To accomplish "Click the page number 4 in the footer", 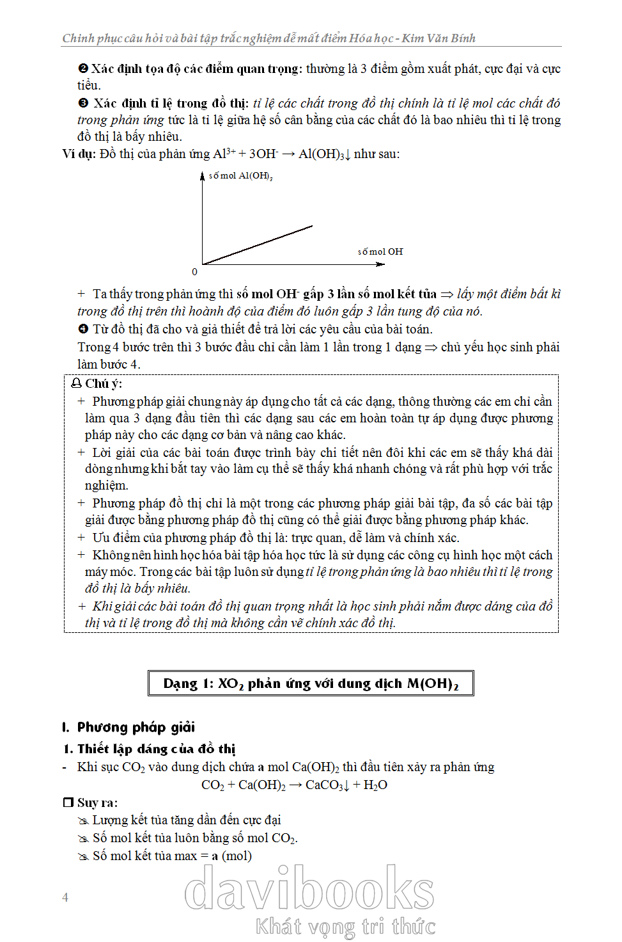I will click(x=65, y=897).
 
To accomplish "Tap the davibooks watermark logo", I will click(x=309, y=889).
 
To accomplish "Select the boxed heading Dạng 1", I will click(x=311, y=683).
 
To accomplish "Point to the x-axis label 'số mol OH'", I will click(x=380, y=251).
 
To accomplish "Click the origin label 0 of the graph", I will click(x=195, y=272).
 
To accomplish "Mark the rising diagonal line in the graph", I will click(x=258, y=244).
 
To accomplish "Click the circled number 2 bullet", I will click(x=83, y=68).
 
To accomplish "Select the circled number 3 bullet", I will click(x=83, y=103).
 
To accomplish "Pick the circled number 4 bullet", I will click(x=83, y=329).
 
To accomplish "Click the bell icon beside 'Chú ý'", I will click(x=76, y=383).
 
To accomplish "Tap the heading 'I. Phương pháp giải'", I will click(x=128, y=727).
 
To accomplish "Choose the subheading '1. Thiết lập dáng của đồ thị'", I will click(x=150, y=749).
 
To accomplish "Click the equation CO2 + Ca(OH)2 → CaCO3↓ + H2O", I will click(x=294, y=785).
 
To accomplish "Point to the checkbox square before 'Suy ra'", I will click(x=68, y=802).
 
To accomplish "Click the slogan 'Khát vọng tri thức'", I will click(x=345, y=927).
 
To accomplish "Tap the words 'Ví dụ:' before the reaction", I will click(x=79, y=154).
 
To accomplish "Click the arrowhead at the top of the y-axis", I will click(x=203, y=175).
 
